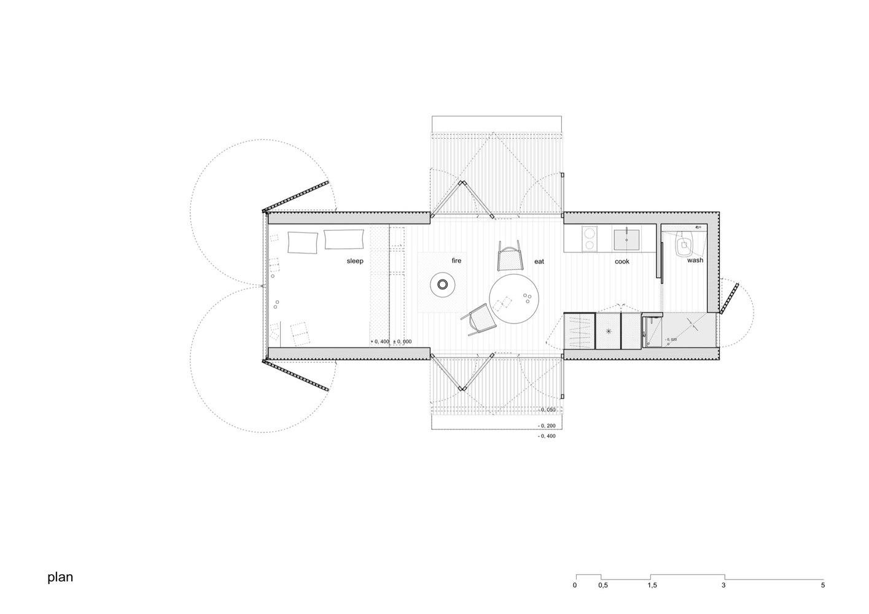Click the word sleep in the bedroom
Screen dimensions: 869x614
click(x=355, y=261)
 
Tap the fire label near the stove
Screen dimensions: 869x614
click(x=456, y=260)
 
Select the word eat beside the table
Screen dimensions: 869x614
click(x=539, y=262)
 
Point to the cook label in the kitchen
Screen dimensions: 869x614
click(x=622, y=262)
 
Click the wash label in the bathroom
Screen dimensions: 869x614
click(x=695, y=260)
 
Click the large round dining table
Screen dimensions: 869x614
click(x=513, y=298)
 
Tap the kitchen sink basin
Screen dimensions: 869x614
click(x=626, y=239)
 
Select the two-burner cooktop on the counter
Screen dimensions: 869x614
click(x=590, y=239)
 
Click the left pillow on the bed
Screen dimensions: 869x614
click(x=303, y=243)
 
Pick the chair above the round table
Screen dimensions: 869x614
click(x=510, y=256)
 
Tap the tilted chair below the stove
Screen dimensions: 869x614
click(x=480, y=320)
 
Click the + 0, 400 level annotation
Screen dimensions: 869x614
click(x=380, y=342)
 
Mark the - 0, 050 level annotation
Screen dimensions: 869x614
click(x=547, y=410)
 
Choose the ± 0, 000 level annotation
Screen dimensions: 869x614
click(x=402, y=342)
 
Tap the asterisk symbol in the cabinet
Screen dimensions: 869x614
click(x=608, y=331)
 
